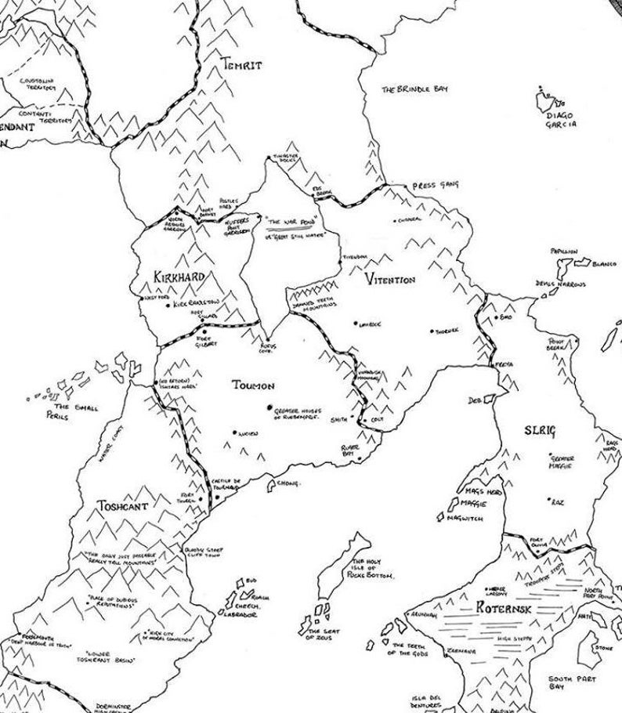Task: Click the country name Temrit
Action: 240,64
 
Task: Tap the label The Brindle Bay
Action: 415,89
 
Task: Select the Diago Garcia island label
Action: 562,120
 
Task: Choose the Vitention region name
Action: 390,280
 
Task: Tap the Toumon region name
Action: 254,385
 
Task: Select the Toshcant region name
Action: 122,505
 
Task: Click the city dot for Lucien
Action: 233,432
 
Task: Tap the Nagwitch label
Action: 465,519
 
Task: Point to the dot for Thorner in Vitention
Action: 432,331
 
